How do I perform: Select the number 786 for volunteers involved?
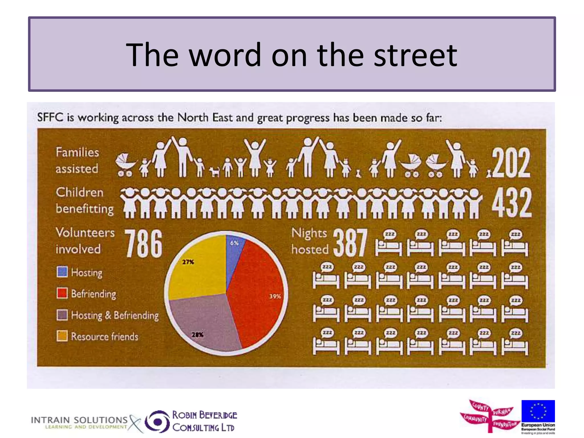pos(144,244)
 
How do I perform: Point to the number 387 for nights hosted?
pos(350,243)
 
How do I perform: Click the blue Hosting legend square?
pos(62,272)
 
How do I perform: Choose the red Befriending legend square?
pos(62,293)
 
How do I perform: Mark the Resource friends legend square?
pos(62,336)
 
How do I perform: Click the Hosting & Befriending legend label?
pos(115,315)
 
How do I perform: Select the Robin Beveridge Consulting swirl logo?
pos(157,421)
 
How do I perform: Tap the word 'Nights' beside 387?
pos(309,233)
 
